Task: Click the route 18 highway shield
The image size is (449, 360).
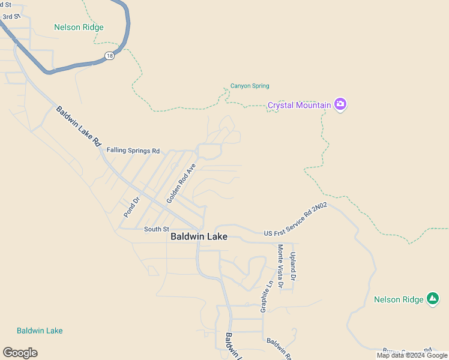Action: tap(109, 55)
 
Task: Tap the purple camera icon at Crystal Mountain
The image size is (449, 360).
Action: tap(340, 104)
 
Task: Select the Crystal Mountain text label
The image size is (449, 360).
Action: tap(299, 105)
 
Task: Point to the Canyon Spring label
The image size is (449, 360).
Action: tap(250, 86)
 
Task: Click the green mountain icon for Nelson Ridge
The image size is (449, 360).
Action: tap(433, 299)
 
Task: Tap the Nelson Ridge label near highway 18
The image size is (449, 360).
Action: tap(79, 27)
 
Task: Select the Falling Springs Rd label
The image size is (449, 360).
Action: tap(133, 151)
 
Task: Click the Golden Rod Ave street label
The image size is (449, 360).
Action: tap(181, 182)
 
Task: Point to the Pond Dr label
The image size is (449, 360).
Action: tap(131, 206)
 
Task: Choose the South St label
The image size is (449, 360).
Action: tap(157, 229)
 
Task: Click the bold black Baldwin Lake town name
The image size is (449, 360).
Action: tap(199, 236)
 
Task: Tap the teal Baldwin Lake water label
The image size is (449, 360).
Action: tap(40, 331)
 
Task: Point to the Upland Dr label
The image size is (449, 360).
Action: tap(293, 266)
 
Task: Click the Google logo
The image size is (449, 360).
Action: tap(20, 353)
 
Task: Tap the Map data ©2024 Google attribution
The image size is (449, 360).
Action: tap(412, 355)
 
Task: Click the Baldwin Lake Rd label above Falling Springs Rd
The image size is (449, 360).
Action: tap(78, 126)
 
